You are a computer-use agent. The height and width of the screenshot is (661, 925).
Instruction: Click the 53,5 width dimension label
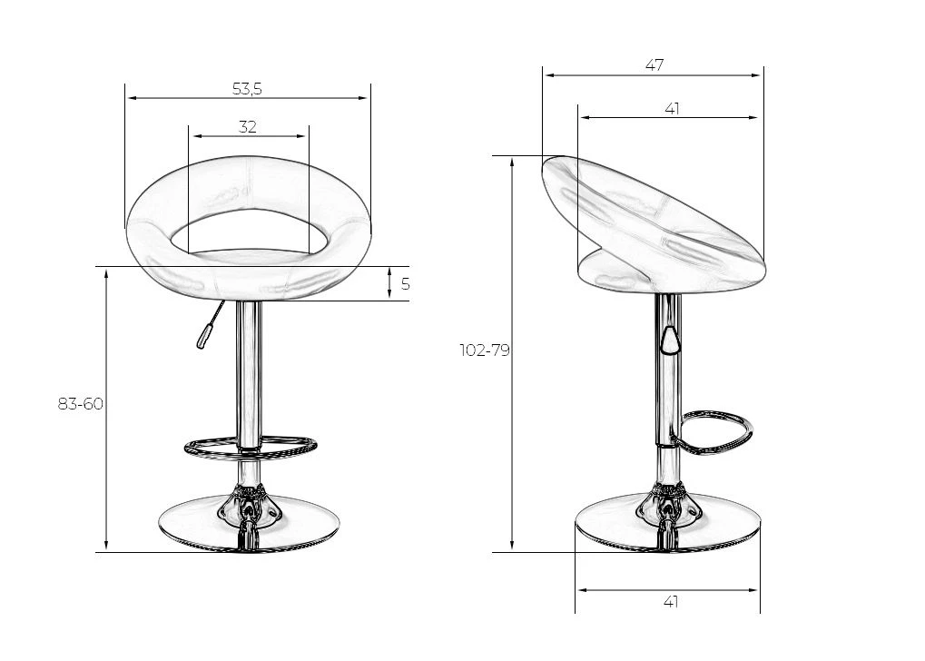click(247, 89)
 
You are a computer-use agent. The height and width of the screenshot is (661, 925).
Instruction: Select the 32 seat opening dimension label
click(248, 127)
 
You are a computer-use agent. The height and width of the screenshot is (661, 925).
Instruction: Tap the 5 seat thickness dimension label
click(405, 284)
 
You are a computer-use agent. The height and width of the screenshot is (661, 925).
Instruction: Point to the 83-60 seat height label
click(81, 404)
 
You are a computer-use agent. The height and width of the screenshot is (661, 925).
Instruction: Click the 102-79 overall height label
click(485, 350)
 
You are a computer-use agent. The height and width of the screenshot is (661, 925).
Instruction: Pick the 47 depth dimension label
click(654, 65)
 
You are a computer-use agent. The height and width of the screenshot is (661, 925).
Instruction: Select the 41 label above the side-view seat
click(672, 109)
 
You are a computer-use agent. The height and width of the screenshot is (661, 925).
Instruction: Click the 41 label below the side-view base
click(671, 602)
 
